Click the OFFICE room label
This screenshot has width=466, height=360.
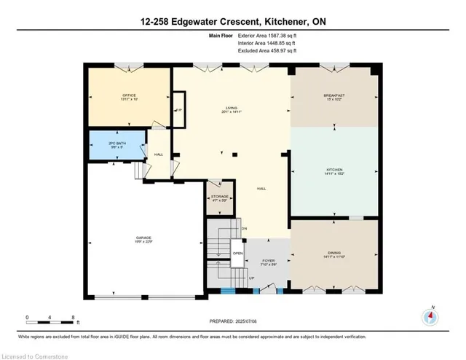click(108, 95)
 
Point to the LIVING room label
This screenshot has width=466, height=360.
click(231, 110)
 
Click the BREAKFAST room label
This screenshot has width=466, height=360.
click(334, 95)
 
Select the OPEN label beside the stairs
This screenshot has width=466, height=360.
click(237, 254)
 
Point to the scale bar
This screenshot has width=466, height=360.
click(51, 321)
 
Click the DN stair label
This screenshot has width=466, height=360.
click(245, 229)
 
